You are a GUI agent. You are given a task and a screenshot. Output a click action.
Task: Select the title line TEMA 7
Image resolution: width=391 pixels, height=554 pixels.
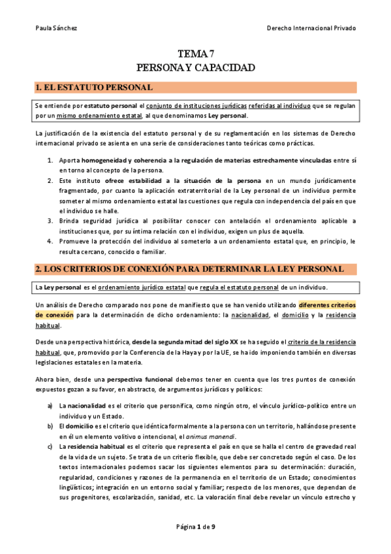tap(195, 55)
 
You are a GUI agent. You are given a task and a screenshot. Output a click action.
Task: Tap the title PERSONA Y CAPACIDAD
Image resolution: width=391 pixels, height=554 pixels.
tap(195, 68)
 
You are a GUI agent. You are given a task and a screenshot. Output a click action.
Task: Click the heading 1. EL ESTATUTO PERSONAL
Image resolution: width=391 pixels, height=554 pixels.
tap(95, 87)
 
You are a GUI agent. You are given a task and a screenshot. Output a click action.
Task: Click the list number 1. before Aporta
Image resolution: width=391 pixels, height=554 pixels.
tap(50, 160)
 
